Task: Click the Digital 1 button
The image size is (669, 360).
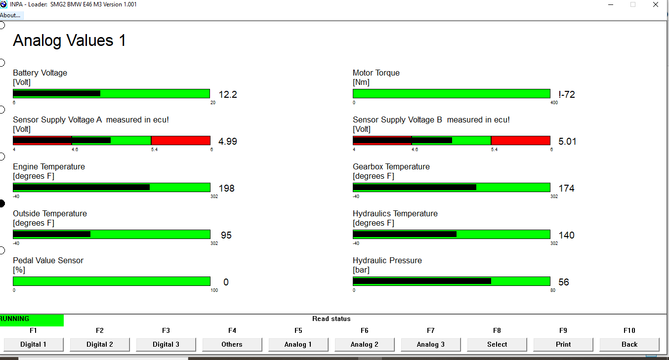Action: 34,345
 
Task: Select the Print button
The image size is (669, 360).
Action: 563,345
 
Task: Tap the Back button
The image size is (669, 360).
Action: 629,345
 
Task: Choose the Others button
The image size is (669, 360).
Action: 232,345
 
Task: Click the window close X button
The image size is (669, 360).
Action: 656,4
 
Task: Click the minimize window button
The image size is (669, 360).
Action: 611,4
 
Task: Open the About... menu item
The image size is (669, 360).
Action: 10,15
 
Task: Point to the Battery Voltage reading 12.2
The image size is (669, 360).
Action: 228,94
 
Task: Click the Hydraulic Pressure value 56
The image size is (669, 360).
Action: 564,282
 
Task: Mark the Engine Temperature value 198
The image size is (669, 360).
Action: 227,188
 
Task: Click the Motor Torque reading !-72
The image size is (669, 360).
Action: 567,94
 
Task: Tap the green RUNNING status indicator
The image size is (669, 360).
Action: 32,320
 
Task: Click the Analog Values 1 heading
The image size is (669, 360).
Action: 69,40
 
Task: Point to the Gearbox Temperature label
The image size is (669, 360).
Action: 391,166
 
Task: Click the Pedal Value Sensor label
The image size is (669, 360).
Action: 48,260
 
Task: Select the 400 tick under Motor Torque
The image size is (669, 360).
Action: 554,103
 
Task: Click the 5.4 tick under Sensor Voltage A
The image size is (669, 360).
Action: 154,150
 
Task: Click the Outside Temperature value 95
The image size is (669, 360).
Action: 226,235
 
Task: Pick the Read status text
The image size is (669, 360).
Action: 331,319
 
